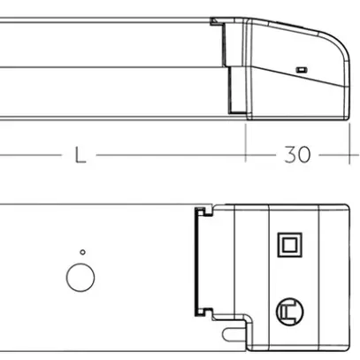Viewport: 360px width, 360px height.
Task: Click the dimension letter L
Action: pyautogui.click(x=79, y=154)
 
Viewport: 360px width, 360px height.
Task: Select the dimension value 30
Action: pyautogui.click(x=296, y=154)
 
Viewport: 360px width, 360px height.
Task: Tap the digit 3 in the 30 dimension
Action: pyautogui.click(x=289, y=154)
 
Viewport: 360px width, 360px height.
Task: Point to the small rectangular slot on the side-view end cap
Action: pyautogui.click(x=300, y=68)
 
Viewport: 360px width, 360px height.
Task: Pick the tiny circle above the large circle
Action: pyautogui.click(x=81, y=252)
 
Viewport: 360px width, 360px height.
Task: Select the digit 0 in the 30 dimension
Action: pyautogui.click(x=304, y=154)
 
